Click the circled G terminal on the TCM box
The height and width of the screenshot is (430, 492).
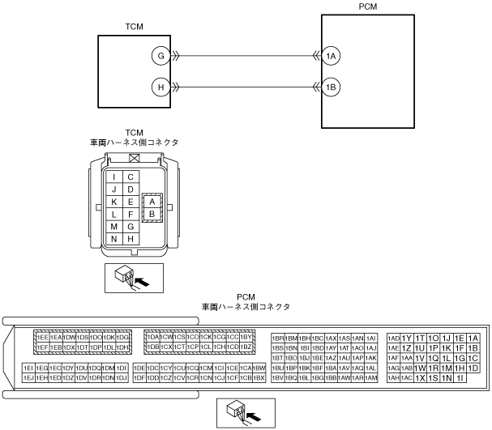(x=161, y=56)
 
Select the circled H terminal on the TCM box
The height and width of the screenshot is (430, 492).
(x=161, y=86)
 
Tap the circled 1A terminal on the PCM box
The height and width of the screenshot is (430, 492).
(x=330, y=56)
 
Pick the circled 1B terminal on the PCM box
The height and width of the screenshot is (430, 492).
(x=330, y=86)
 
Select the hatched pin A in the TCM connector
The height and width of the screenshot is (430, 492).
(x=151, y=200)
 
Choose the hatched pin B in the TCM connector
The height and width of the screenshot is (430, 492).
(x=151, y=213)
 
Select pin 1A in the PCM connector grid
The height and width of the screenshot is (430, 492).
(x=474, y=338)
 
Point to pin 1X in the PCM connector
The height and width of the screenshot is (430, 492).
(x=420, y=377)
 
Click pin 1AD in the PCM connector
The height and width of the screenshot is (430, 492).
(x=394, y=338)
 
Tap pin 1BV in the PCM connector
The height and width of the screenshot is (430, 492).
(x=277, y=377)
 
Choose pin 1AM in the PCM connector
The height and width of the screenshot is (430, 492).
(x=371, y=377)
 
